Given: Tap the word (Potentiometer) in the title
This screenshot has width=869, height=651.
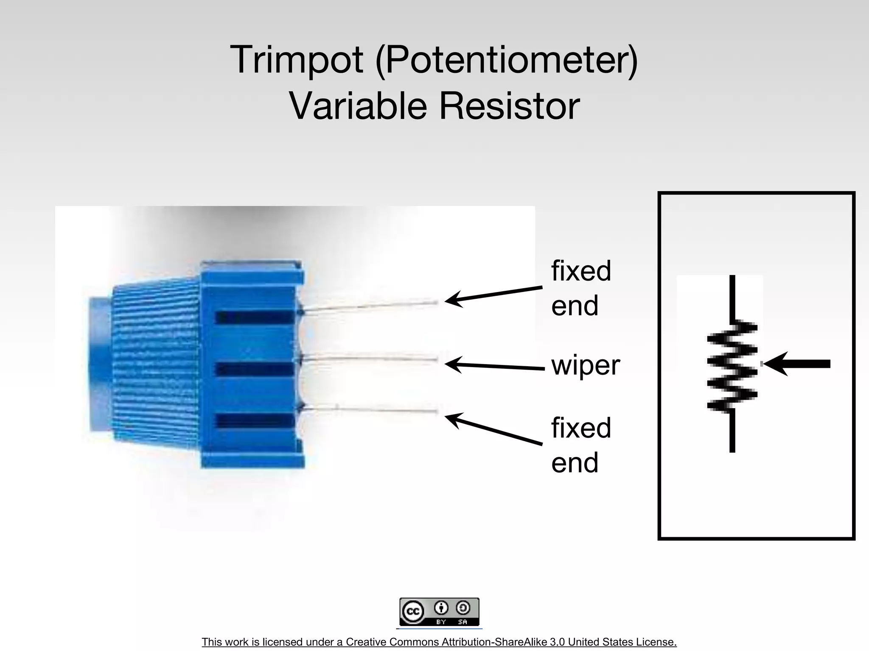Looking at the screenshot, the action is pos(507,61).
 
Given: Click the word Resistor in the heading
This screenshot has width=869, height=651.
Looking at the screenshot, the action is pos(509,106).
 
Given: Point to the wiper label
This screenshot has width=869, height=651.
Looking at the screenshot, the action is pos(586,365).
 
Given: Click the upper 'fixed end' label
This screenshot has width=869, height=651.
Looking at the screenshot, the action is pos(581,288).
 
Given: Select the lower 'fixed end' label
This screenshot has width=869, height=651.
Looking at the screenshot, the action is pos(581,445).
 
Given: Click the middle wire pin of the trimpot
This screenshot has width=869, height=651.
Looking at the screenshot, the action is pos(369,359).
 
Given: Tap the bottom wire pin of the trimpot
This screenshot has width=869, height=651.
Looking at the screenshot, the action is pos(369,409).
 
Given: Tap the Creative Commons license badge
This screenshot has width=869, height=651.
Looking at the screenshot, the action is pos(439,612).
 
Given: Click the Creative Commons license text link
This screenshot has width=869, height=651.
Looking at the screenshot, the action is pos(439,642).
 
